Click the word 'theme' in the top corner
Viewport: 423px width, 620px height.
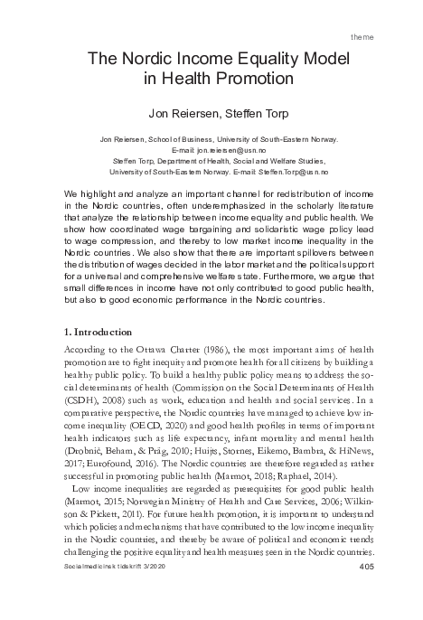(x=387, y=37)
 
